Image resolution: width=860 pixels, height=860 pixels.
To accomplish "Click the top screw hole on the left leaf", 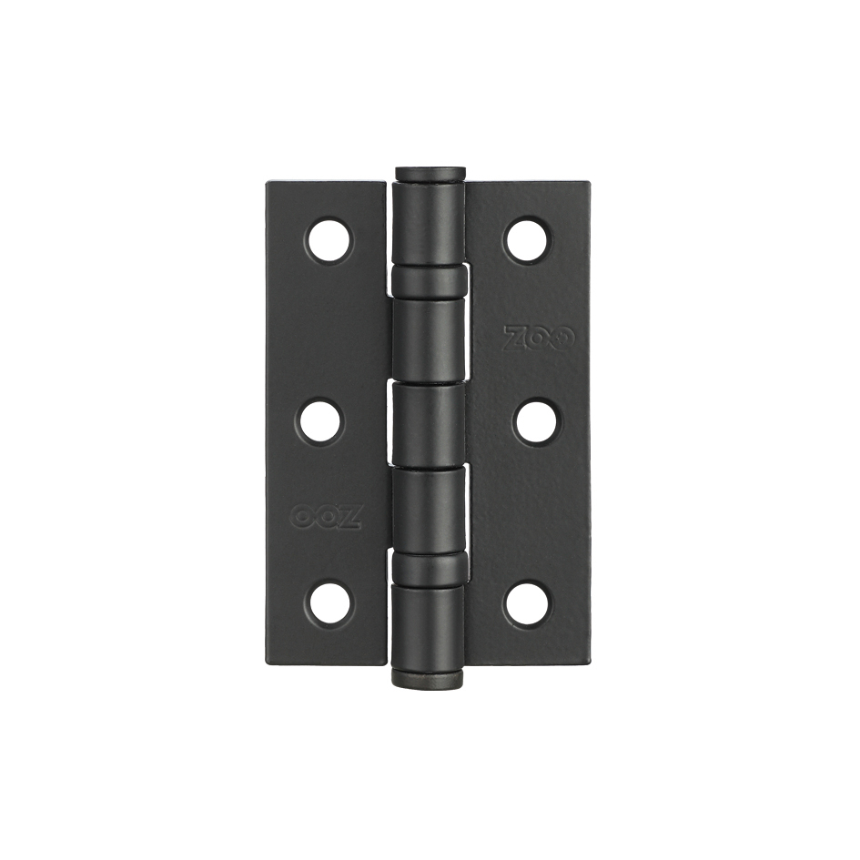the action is point(330,241).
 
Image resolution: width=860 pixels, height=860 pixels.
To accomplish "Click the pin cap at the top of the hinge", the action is point(430,174).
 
